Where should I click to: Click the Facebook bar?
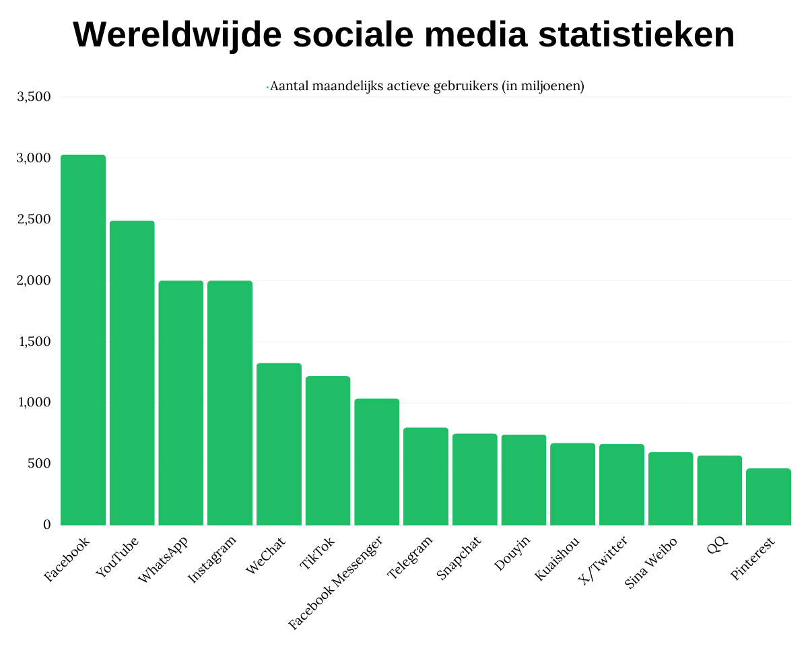[83, 340]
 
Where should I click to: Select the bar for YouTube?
[132, 373]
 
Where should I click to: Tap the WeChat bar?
[279, 444]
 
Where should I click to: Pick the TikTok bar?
[328, 451]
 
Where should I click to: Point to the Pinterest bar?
[768, 497]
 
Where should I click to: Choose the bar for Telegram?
[426, 476]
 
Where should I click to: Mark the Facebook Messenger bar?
[377, 462]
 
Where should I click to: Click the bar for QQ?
[719, 490]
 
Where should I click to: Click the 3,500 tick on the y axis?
[34, 97]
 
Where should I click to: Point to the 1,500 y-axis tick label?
[34, 342]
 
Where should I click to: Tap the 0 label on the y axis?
[46, 525]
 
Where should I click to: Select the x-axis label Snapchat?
[459, 558]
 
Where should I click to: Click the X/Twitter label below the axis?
[603, 561]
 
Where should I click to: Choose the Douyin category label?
[512, 553]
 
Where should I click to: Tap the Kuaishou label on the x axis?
[555, 559]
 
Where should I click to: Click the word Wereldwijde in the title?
[177, 35]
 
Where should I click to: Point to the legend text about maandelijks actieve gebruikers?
[426, 86]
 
